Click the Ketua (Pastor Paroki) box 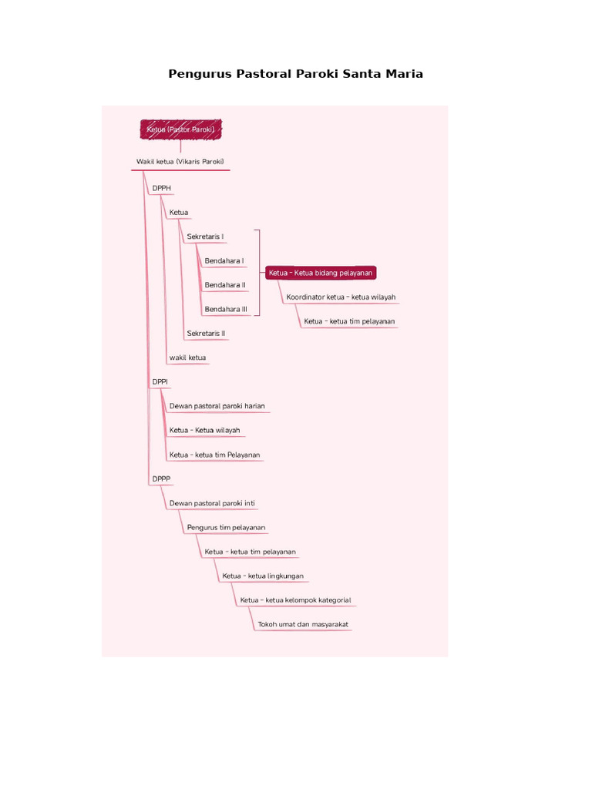[180, 129]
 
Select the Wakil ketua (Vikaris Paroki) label [180, 162]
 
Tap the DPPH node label [162, 188]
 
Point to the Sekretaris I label [205, 237]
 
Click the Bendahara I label [224, 260]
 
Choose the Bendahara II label [225, 285]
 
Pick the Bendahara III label [226, 309]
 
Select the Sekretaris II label [206, 333]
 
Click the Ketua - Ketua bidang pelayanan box [321, 273]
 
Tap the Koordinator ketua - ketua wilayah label [341, 297]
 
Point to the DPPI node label [160, 382]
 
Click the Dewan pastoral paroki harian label [217, 406]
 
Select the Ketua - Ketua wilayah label [204, 430]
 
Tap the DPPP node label [162, 479]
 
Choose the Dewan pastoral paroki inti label [212, 503]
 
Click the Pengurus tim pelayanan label [226, 527]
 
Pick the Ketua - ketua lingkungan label [263, 576]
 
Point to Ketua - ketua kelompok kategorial [295, 599]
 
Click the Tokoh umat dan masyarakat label [303, 624]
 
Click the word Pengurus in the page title [200, 74]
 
